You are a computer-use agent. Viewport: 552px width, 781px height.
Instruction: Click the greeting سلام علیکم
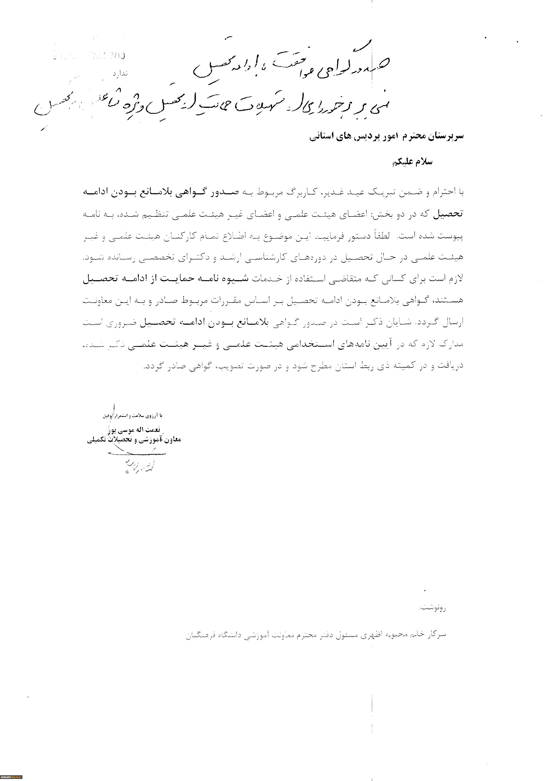[x=412, y=162]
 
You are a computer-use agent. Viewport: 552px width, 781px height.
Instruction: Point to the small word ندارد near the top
[x=120, y=73]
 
